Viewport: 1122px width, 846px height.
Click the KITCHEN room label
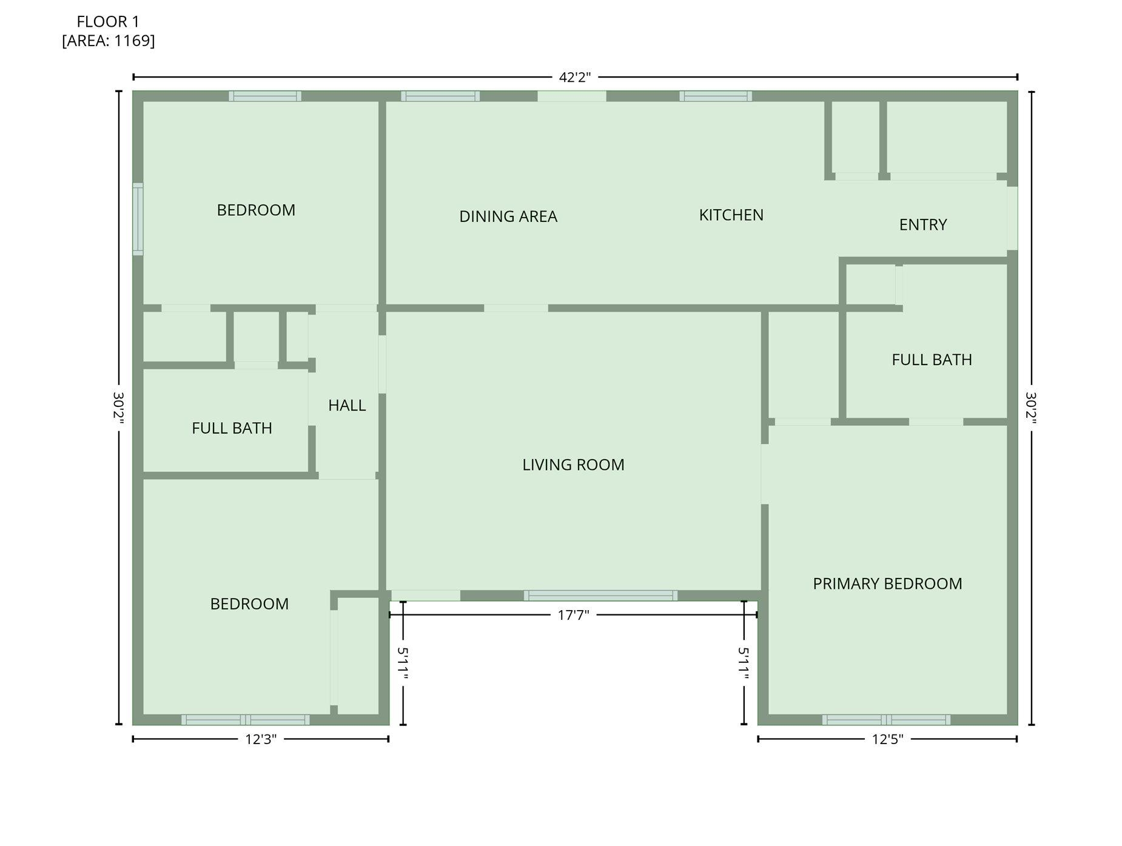731,215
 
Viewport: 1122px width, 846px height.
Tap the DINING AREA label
508,217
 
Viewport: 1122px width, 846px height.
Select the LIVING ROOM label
573,465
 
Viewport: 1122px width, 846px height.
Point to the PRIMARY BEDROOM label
887,583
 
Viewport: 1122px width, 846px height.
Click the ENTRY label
922,225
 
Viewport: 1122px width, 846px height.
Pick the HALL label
347,405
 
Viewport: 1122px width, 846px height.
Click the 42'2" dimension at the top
574,78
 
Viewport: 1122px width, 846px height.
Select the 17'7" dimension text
573,616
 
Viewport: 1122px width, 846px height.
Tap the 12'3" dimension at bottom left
261,739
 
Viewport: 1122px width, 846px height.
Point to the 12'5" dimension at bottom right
887,739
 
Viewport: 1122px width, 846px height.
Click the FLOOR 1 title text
108,22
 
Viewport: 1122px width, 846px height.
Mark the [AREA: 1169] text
108,41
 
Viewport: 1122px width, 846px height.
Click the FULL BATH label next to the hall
232,428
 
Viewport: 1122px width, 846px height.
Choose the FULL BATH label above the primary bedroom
932,360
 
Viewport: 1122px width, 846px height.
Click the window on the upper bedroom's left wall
138,219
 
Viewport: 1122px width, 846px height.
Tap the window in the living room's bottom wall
600,596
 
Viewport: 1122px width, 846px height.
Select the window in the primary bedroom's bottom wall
886,720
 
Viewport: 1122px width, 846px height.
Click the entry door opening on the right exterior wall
1012,218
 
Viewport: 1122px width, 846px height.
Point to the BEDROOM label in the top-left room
256,210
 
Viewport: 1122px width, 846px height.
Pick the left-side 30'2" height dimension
118,408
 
